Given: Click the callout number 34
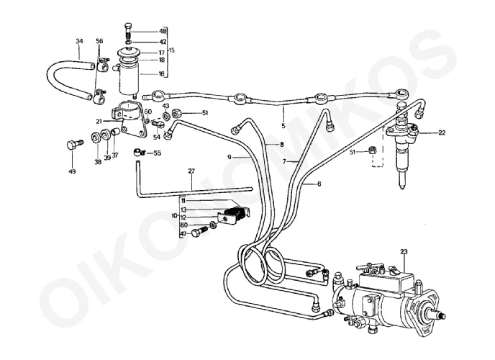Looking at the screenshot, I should (x=78, y=42).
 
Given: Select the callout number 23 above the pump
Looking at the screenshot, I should (x=404, y=251).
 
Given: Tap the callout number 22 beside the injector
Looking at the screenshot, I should (x=441, y=132).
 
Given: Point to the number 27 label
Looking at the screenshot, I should (x=191, y=171).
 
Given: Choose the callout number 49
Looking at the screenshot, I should (x=72, y=172).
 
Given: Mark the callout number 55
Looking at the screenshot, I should (x=157, y=153).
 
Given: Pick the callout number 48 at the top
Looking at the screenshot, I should (x=163, y=32).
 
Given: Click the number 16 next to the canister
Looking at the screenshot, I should (x=162, y=73).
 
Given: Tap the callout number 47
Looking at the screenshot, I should (x=183, y=234).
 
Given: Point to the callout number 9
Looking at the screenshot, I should (x=230, y=156).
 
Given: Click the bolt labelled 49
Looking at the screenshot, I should (x=71, y=145).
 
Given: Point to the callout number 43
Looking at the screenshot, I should (x=165, y=106).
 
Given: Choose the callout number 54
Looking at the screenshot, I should (x=156, y=137).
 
